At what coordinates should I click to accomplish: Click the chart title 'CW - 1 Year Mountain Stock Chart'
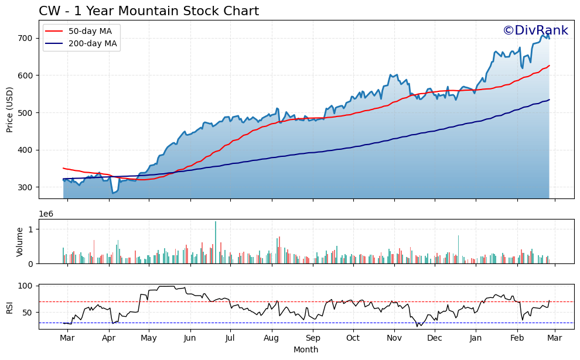click(x=149, y=11)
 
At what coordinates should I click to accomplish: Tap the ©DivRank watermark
click(x=535, y=30)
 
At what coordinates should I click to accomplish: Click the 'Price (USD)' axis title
click(x=10, y=109)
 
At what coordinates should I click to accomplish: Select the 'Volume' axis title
click(x=19, y=242)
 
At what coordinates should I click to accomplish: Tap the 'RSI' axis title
click(x=10, y=307)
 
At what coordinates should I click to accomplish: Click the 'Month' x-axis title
click(x=306, y=349)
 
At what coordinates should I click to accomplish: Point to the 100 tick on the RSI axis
click(x=25, y=286)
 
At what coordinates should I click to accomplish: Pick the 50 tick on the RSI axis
click(x=28, y=313)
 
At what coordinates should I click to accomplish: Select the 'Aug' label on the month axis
click(x=271, y=338)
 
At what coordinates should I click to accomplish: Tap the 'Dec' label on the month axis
click(x=434, y=338)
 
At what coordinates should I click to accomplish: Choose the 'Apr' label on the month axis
click(x=109, y=338)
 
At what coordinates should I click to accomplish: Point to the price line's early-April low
click(x=113, y=193)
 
